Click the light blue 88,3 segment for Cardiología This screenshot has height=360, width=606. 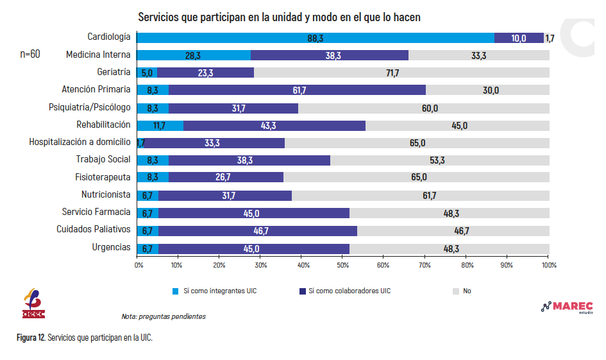316,38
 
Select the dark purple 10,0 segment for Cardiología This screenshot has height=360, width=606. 519,38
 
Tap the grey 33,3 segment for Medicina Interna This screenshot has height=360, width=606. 479,55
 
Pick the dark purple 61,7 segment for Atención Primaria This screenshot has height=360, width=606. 297,90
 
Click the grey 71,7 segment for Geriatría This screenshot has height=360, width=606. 401,73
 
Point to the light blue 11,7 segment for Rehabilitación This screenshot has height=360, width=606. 160,126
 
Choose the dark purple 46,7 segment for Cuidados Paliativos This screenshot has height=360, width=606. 258,231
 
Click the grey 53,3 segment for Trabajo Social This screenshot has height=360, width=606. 440,160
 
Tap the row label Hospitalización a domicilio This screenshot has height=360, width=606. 80,142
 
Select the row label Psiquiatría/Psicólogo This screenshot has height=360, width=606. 90,107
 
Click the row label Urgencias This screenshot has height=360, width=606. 112,247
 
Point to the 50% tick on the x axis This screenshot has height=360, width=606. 343,257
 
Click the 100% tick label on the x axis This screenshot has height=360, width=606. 549,265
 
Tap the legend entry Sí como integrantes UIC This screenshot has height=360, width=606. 214,291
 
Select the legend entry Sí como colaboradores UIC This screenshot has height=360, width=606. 345,291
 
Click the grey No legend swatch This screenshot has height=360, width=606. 456,291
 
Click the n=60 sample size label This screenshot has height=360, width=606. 30,54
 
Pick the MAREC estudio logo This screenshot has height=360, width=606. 567,307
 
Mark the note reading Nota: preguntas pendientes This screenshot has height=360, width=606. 164,317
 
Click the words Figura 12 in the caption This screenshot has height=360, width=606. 31,338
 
